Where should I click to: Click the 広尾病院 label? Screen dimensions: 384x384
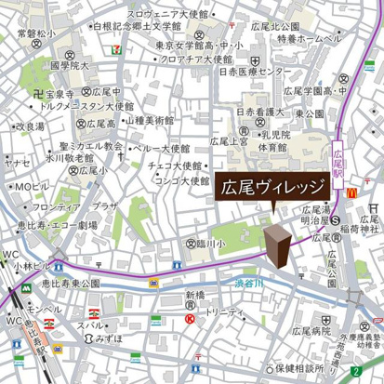pos(314,329)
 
